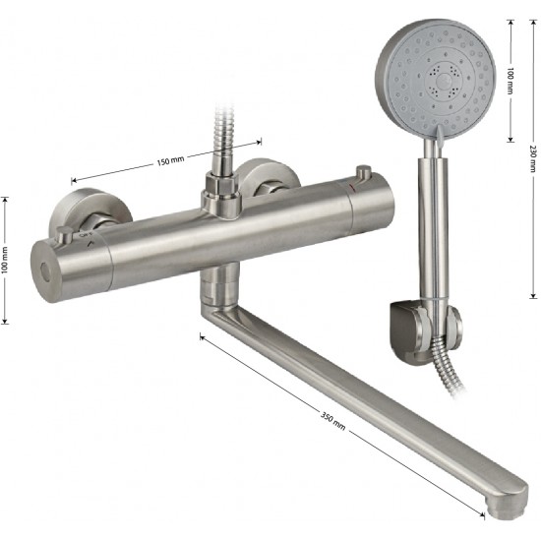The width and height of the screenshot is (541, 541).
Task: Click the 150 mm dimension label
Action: [170, 160]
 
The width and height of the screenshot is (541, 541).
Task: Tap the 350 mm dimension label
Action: [332, 421]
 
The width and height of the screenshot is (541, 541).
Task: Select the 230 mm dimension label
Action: [533, 158]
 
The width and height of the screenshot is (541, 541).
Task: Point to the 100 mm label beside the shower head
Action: [511, 81]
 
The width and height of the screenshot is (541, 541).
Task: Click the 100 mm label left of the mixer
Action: [5, 261]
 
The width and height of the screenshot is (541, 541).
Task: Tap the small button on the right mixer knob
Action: [363, 172]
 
